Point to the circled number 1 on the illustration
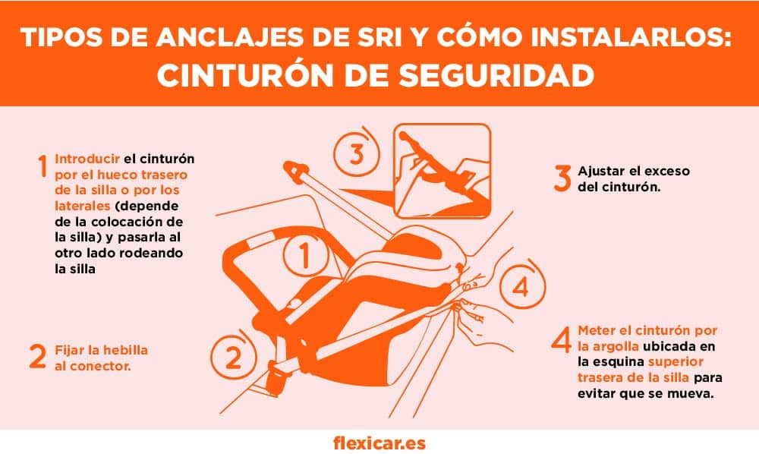point(304,256)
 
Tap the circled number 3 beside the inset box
point(357,153)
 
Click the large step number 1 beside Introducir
point(44,166)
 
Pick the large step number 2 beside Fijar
point(38,357)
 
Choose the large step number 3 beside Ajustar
point(562,177)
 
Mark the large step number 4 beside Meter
point(561,339)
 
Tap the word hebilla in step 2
point(127,350)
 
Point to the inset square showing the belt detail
point(440,169)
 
